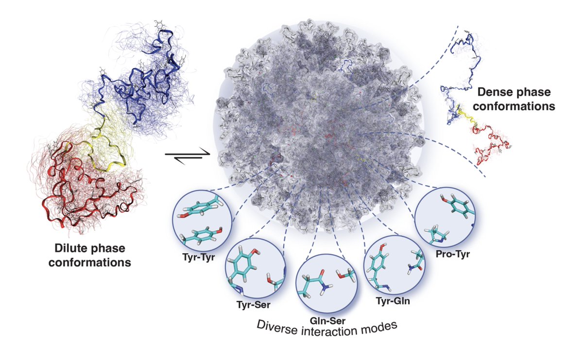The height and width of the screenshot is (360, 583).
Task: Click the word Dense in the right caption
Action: coord(493,91)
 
